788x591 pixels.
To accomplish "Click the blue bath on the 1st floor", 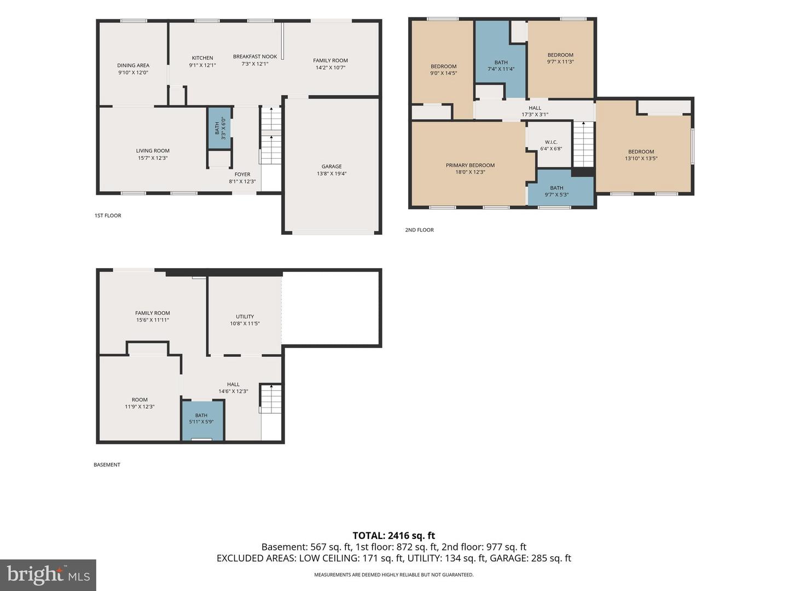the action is [219, 128].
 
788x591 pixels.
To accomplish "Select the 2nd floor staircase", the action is [583, 144].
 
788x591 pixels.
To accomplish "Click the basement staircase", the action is [271, 399].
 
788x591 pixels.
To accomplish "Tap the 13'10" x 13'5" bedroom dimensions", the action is [641, 158].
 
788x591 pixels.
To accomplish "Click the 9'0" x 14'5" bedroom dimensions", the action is [444, 73].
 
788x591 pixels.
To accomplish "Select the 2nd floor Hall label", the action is [535, 108].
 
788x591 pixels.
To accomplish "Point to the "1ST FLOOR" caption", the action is [108, 216].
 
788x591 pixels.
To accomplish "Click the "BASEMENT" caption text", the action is [107, 465].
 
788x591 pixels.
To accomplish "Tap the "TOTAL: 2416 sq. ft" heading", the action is [394, 536].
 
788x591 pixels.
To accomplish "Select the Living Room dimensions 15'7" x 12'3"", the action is [153, 158].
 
